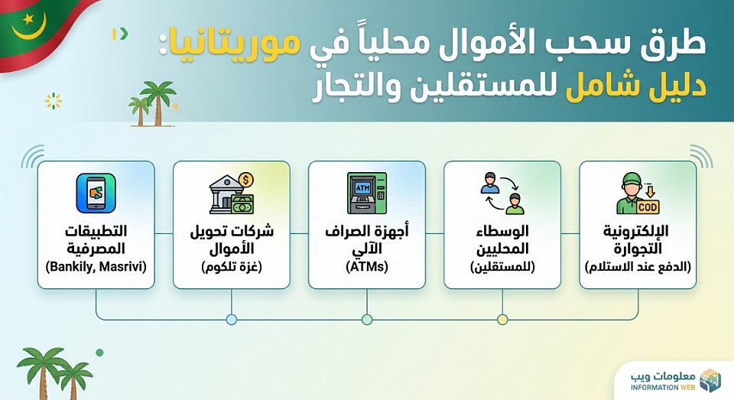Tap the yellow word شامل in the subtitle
coord(593,85)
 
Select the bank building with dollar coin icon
coord(232,193)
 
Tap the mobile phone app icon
coord(96,193)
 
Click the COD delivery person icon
coord(637,193)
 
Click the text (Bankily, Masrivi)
coord(96,267)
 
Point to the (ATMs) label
coord(367,267)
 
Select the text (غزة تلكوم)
coord(232,267)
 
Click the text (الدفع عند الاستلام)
coord(638,267)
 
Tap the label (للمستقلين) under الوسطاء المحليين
coord(502,267)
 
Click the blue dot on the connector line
coord(232,319)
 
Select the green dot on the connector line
coord(367,319)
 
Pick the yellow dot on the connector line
coord(502,319)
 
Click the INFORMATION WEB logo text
coord(664,387)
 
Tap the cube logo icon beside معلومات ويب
coord(710,380)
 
